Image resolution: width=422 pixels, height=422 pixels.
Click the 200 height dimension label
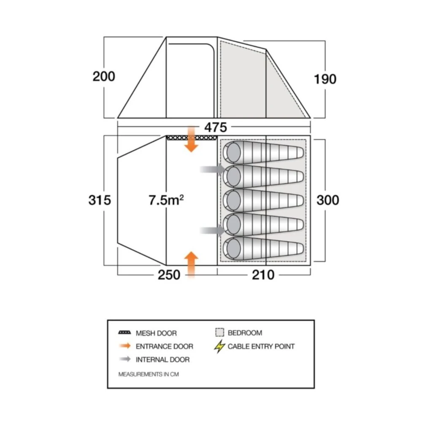coord(104,77)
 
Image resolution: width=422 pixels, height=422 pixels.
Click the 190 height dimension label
coord(325,79)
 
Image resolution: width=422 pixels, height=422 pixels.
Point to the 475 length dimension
coord(215,127)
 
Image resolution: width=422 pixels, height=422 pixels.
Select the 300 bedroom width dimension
coord(327,200)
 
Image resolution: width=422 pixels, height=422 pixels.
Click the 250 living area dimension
coord(169,275)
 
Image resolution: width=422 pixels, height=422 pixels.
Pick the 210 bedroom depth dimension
coord(263,275)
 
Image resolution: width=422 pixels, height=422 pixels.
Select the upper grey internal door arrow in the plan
coord(212,169)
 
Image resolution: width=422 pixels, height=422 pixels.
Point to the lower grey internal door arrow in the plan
coord(212,230)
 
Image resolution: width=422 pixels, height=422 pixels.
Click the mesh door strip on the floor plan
coord(192,138)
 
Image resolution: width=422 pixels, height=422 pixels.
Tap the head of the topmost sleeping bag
coord(232,151)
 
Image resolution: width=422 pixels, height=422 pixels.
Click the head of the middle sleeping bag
coord(232,200)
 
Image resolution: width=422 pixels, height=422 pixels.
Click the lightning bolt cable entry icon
coord(219,347)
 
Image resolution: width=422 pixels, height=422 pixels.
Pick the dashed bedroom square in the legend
coord(219,333)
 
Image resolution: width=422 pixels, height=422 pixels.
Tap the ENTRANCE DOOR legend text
coord(164,346)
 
